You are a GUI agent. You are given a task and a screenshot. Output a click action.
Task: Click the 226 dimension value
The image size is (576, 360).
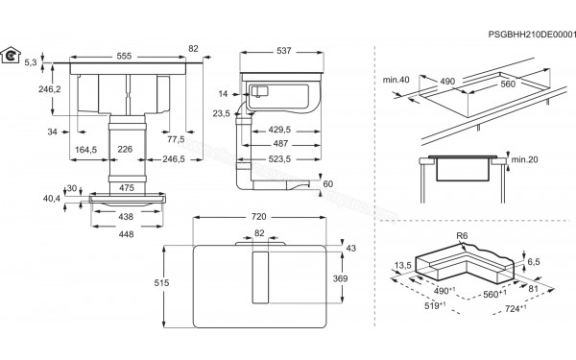point(127,149)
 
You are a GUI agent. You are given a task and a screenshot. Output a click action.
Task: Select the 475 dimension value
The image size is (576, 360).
point(127,188)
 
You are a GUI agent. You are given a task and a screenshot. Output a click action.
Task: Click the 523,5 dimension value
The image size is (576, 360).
point(278,158)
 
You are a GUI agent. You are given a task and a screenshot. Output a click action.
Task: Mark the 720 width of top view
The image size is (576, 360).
point(258,218)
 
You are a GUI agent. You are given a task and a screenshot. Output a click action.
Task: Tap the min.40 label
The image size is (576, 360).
point(396,80)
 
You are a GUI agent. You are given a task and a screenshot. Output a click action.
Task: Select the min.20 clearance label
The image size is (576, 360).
point(522,157)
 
